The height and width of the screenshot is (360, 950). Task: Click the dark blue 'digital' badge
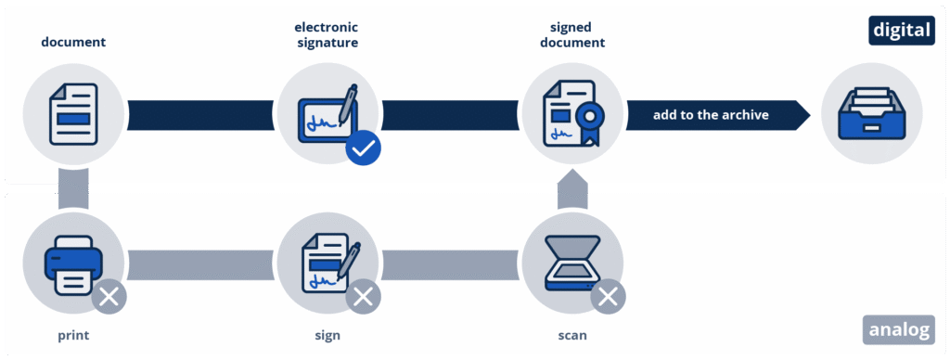(x=902, y=31)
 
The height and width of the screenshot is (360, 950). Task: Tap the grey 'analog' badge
(x=899, y=329)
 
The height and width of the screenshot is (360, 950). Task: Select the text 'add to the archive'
(x=711, y=114)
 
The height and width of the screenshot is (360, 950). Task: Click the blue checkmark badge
(x=364, y=148)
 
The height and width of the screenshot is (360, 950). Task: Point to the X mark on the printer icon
(x=109, y=296)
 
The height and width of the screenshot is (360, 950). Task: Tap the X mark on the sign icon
(x=364, y=296)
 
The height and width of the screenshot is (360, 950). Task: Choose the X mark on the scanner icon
(x=608, y=296)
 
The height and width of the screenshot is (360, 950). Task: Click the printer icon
(x=73, y=264)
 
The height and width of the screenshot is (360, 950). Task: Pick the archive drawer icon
(x=872, y=113)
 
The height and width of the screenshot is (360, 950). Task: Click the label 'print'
(x=73, y=335)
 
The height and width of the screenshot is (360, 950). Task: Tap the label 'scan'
(x=571, y=335)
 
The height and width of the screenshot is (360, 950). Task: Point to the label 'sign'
(x=327, y=336)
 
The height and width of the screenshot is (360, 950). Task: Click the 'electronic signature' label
(x=327, y=35)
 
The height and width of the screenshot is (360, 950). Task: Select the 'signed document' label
(x=571, y=35)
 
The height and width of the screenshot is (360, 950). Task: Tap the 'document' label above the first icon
(x=73, y=43)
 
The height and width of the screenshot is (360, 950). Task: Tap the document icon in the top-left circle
(x=73, y=113)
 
